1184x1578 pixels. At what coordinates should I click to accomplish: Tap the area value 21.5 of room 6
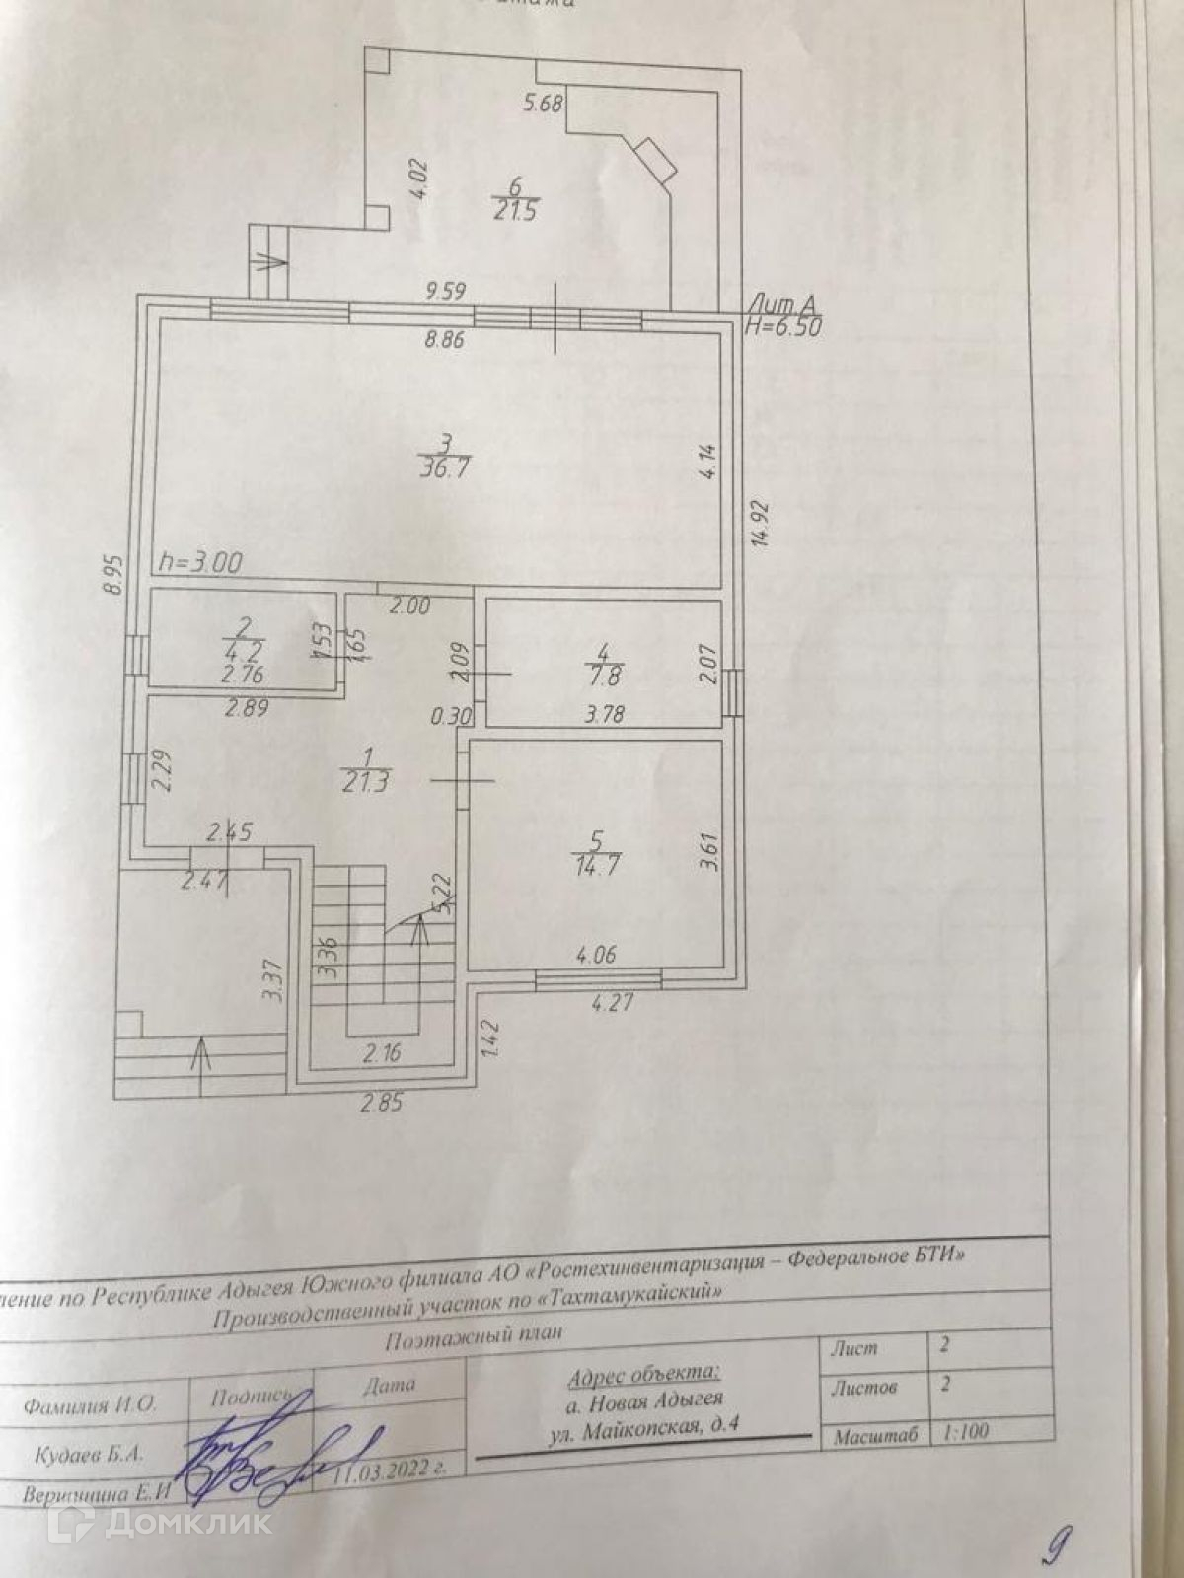coord(514,211)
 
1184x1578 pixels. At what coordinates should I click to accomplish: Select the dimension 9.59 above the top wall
coord(446,292)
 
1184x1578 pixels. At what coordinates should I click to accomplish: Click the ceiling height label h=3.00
coord(201,563)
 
